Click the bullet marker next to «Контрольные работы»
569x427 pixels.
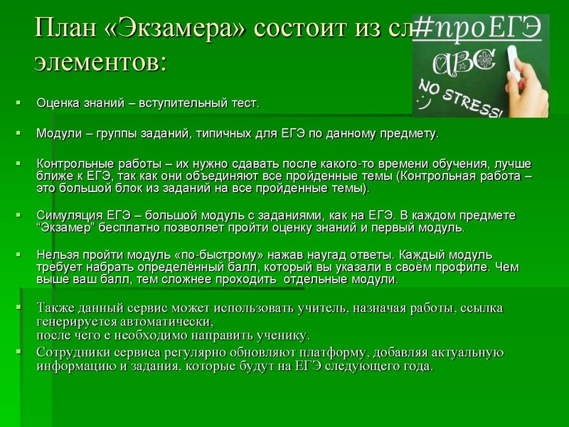coord(20,164)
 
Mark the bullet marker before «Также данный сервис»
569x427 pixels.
coord(20,307)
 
